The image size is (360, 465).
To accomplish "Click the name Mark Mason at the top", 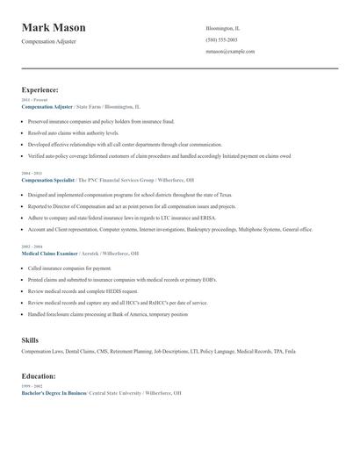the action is (x=60, y=28).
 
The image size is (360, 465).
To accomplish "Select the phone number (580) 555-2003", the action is (x=221, y=39).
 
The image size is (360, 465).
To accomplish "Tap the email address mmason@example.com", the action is (x=230, y=51).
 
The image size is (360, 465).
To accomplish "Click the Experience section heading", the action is (x=40, y=89).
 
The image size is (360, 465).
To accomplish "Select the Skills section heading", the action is (x=30, y=339).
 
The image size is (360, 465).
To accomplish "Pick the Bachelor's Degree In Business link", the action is (x=53, y=393).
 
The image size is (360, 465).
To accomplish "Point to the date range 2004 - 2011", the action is (x=31, y=173).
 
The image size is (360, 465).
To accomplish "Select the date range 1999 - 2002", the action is (x=31, y=387).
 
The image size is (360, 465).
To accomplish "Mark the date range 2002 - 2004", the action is (x=31, y=247).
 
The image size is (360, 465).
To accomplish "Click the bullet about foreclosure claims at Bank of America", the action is (x=108, y=313).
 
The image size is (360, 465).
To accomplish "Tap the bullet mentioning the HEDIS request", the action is (x=83, y=290).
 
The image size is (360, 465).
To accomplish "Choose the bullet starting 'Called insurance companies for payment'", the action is (x=69, y=268).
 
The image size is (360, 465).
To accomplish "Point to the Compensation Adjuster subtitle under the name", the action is (x=48, y=41).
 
